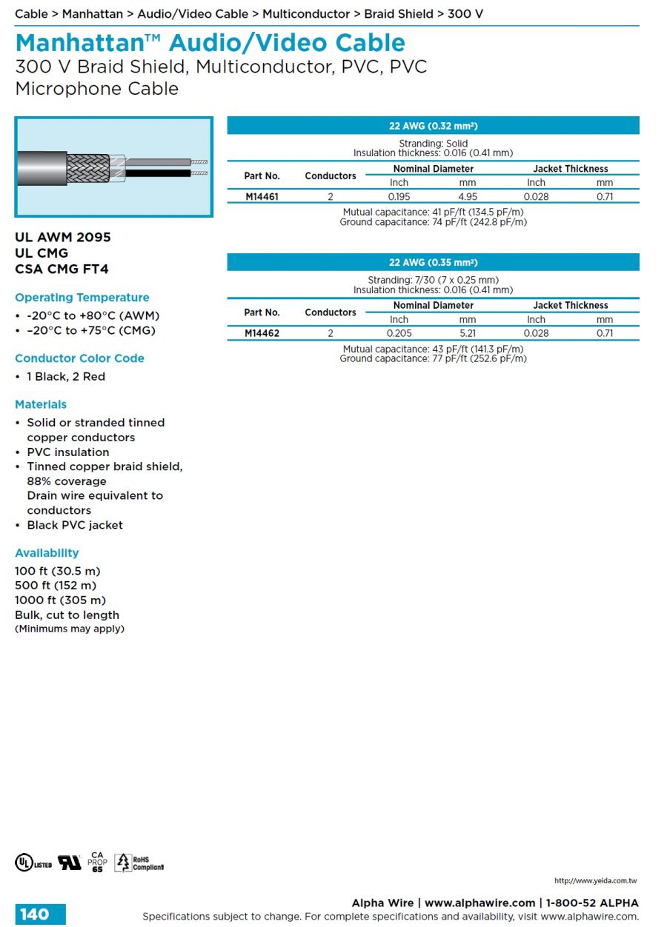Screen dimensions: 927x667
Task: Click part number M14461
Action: tap(262, 197)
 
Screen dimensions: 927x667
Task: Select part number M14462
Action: tap(262, 333)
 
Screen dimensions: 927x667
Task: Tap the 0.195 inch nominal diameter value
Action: tap(399, 197)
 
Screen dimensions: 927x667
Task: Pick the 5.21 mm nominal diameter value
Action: tap(467, 333)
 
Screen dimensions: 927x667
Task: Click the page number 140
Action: tap(35, 914)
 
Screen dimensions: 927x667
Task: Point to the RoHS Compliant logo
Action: tap(139, 863)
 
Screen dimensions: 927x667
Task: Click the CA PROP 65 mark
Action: tap(98, 862)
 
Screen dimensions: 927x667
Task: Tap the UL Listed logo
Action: tap(33, 863)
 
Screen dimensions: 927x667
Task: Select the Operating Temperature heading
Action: tap(82, 298)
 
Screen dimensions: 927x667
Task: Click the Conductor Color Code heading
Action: tap(79, 358)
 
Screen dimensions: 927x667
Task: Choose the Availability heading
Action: tap(47, 553)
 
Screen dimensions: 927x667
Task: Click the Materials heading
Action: tap(41, 404)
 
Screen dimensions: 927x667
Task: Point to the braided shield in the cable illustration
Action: tap(87, 168)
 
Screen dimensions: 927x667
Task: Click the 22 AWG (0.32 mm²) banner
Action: tap(433, 126)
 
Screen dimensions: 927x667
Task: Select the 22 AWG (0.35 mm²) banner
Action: tap(433, 262)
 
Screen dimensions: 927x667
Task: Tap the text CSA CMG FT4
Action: tap(62, 270)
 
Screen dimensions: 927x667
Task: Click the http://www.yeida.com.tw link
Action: tap(595, 881)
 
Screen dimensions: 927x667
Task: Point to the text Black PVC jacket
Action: tap(75, 525)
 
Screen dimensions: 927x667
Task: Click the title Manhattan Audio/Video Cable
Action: tap(210, 43)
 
